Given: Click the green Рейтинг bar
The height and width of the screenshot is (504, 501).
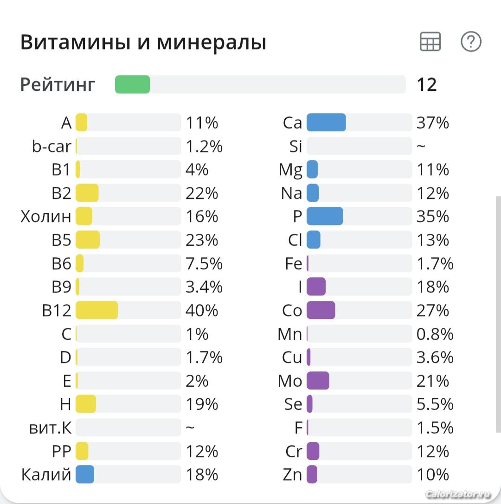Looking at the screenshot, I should pyautogui.click(x=132, y=84).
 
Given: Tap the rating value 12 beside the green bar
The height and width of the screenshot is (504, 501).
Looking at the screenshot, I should pyautogui.click(x=427, y=85).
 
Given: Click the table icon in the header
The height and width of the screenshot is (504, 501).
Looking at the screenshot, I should pyautogui.click(x=430, y=42).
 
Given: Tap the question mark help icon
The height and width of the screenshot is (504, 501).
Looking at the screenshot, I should pyautogui.click(x=471, y=42).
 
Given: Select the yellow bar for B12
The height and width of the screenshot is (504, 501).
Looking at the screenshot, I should pyautogui.click(x=96, y=310).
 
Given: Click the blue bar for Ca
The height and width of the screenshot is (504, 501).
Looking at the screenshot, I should pyautogui.click(x=326, y=122).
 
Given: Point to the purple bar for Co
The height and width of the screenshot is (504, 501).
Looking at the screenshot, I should pyautogui.click(x=321, y=310).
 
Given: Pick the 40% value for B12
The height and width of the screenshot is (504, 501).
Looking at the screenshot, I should pyautogui.click(x=202, y=310).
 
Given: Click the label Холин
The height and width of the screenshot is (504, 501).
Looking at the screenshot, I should pyautogui.click(x=46, y=217).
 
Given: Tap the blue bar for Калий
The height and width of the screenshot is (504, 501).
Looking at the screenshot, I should pyautogui.click(x=85, y=474).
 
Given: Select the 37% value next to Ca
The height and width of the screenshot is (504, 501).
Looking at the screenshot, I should pyautogui.click(x=432, y=122).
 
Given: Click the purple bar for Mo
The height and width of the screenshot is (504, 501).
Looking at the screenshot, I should pyautogui.click(x=318, y=381).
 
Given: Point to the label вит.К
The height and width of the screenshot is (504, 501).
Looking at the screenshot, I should pyautogui.click(x=50, y=427).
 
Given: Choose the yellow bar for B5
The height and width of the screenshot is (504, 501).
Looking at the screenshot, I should pyautogui.click(x=88, y=240).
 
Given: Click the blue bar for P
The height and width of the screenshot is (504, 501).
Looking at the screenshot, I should pyautogui.click(x=325, y=217).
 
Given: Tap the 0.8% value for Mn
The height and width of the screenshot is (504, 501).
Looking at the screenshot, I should pyautogui.click(x=435, y=334).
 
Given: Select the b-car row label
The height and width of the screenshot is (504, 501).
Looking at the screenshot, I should pyautogui.click(x=51, y=146).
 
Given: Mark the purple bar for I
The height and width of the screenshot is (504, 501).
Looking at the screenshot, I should pyautogui.click(x=316, y=287).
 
